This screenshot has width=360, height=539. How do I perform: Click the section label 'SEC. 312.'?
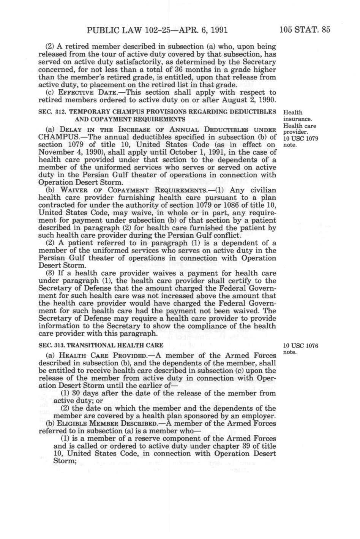point(50,112)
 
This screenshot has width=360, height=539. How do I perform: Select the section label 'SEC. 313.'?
point(50,345)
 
